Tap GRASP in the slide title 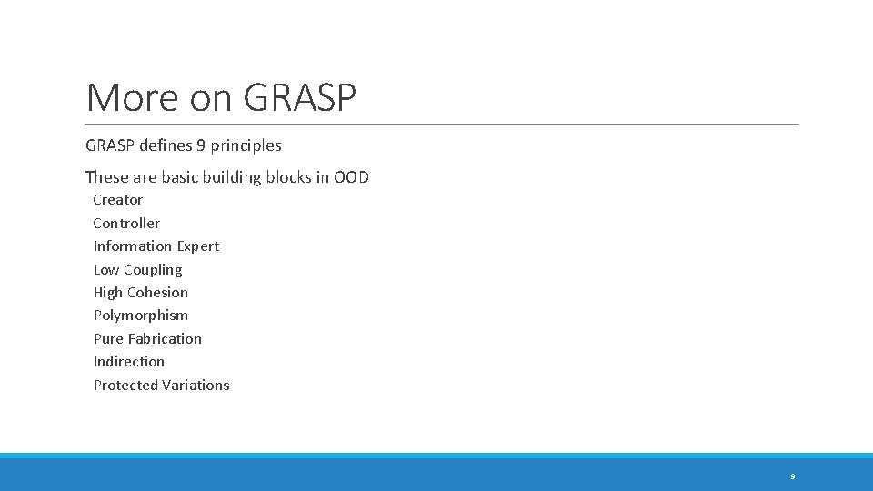coord(299,98)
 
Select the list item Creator coord(118,200)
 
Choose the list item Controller coord(126,223)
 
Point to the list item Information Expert coord(156,246)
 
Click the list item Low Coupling coord(137,269)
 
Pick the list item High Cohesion coord(141,293)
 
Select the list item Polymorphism coord(141,316)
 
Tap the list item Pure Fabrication coord(147,338)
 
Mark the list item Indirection coord(129,362)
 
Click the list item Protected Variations coord(161,385)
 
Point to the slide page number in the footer coord(792,476)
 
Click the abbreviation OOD coord(351,177)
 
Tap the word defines coord(166,145)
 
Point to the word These coord(107,177)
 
